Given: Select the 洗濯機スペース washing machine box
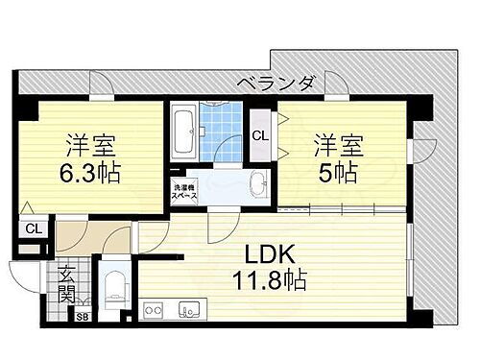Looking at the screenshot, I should [x=184, y=189].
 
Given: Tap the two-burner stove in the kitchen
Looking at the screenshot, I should [x=156, y=310].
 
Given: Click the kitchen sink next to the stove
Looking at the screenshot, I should [x=187, y=310].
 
